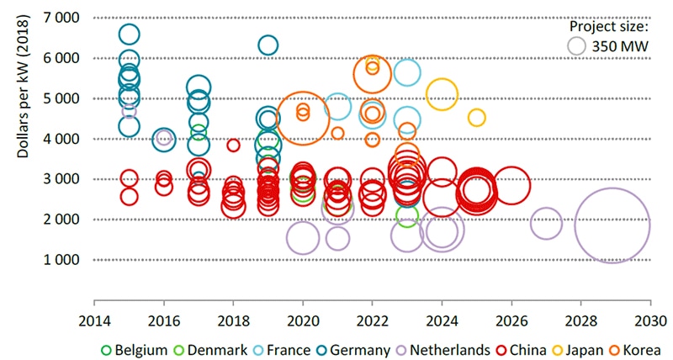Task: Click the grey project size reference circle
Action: click(578, 48)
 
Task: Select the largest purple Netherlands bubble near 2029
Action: click(612, 226)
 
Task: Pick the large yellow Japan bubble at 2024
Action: click(442, 95)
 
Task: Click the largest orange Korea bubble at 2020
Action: click(303, 119)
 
